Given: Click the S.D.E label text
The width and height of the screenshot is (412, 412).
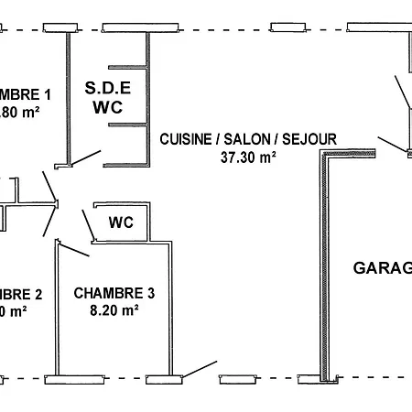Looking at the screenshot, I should point(108,88).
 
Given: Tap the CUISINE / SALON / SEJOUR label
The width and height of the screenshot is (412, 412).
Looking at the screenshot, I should point(248,139).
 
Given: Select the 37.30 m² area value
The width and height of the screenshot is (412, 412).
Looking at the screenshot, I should point(248,157).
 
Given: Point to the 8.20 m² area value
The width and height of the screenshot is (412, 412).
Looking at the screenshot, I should point(114,310).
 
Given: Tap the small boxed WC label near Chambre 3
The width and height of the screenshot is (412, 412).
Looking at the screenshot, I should point(122,222).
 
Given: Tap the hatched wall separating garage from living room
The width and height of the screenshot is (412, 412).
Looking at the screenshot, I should point(324,266).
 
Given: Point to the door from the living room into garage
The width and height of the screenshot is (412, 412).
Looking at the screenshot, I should point(394,142).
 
